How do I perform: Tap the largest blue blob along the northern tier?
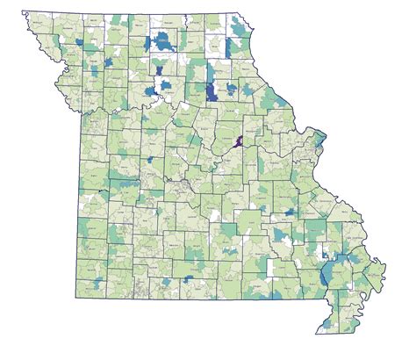coord(162,41)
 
